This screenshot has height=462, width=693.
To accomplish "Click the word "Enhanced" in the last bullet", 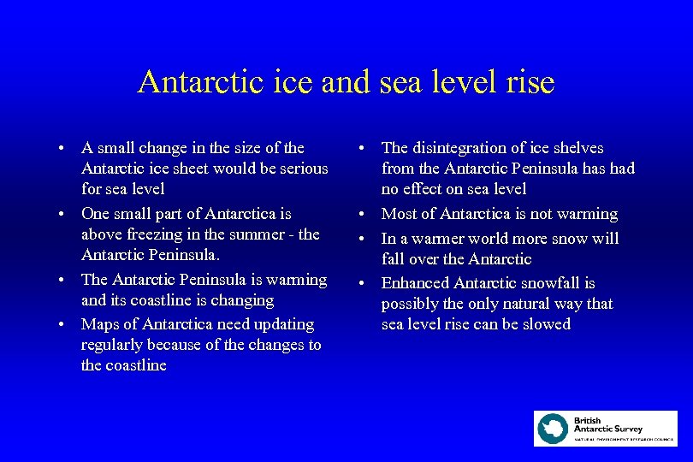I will click(x=414, y=283).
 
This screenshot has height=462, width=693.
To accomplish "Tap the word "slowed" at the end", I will click(x=547, y=324).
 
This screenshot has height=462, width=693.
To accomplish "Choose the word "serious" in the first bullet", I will click(x=301, y=169).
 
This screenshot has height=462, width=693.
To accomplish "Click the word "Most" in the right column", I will click(x=399, y=214).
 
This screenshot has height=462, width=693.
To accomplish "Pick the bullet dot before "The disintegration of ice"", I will click(x=364, y=149).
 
